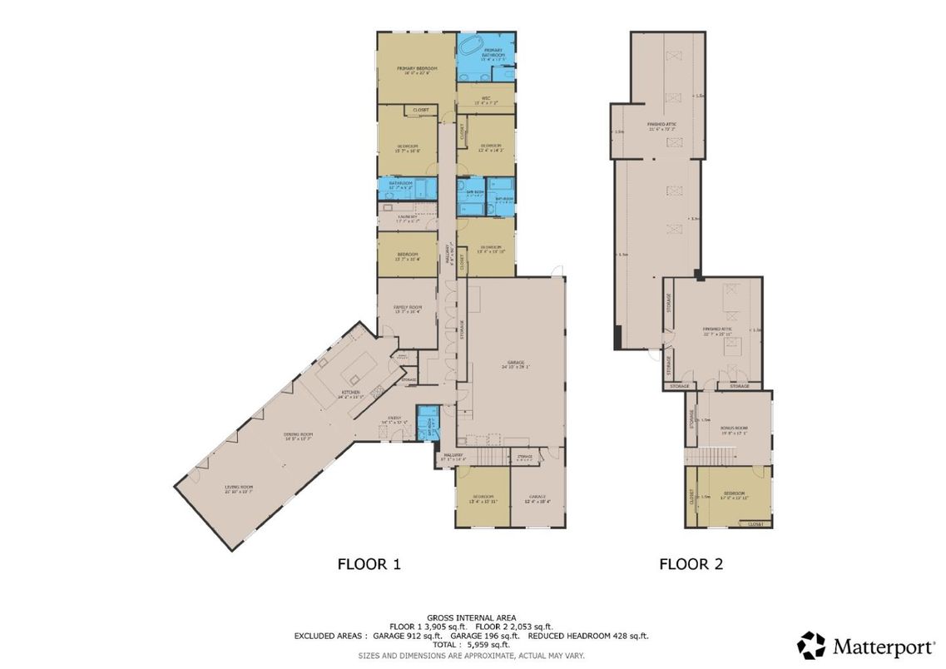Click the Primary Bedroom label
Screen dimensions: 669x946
[417, 69]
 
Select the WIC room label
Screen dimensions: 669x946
[485, 100]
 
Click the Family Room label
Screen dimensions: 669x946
[407, 309]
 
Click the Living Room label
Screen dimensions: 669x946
[238, 489]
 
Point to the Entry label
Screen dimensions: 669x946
[394, 419]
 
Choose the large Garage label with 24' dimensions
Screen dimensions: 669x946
[517, 364]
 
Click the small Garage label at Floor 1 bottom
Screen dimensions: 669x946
[537, 498]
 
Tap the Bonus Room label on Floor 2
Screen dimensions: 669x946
[733, 430]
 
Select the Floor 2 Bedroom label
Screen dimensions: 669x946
[733, 495]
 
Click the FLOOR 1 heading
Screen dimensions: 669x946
[369, 564]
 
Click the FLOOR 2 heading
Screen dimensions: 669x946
[691, 564]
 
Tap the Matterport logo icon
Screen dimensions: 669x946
[811, 645]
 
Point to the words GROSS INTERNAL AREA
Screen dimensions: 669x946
[472, 617]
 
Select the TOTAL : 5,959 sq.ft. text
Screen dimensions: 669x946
[472, 645]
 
